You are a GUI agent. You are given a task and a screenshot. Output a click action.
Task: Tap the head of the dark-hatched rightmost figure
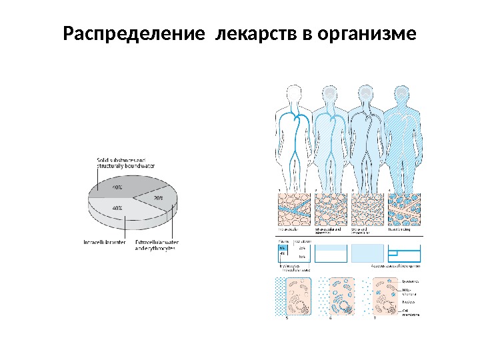[401, 95]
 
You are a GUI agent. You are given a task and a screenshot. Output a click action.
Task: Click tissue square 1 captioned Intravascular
[293, 210]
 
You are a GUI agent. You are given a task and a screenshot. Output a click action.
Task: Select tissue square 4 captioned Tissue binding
[402, 210]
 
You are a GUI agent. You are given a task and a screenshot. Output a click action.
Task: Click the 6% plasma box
[283, 247]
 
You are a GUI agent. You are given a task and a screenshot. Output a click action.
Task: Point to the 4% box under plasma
[283, 254]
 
